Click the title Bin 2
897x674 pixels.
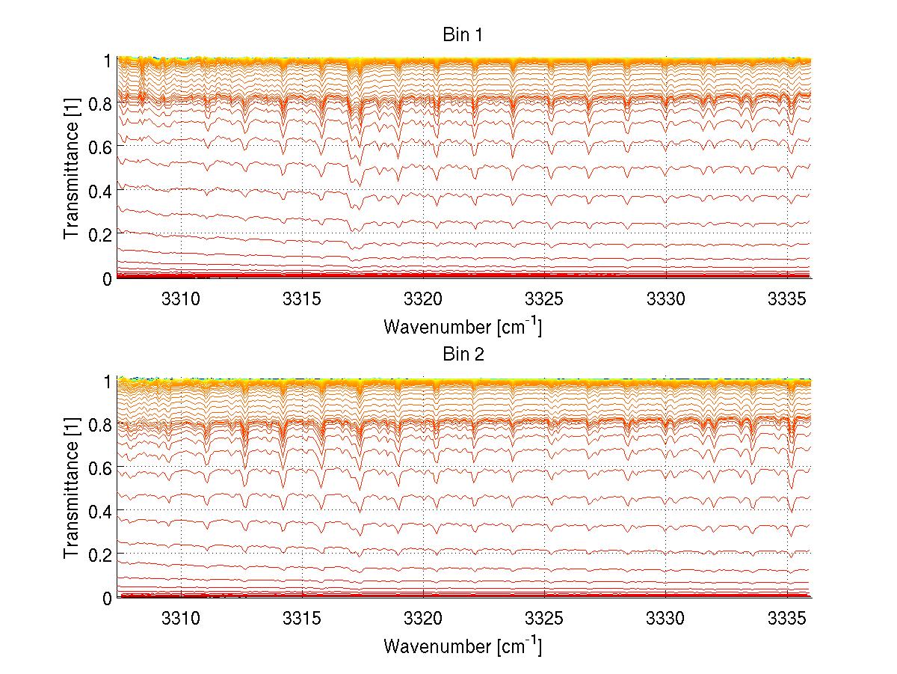point(463,354)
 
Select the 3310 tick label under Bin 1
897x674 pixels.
point(181,298)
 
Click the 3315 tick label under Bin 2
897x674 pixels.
point(302,618)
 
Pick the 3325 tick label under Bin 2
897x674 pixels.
point(544,618)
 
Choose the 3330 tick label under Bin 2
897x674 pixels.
point(666,618)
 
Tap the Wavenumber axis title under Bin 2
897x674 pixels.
point(463,646)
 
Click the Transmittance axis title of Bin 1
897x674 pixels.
point(73,168)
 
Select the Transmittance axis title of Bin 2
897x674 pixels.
point(73,487)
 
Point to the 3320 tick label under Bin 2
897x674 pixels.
point(423,618)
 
